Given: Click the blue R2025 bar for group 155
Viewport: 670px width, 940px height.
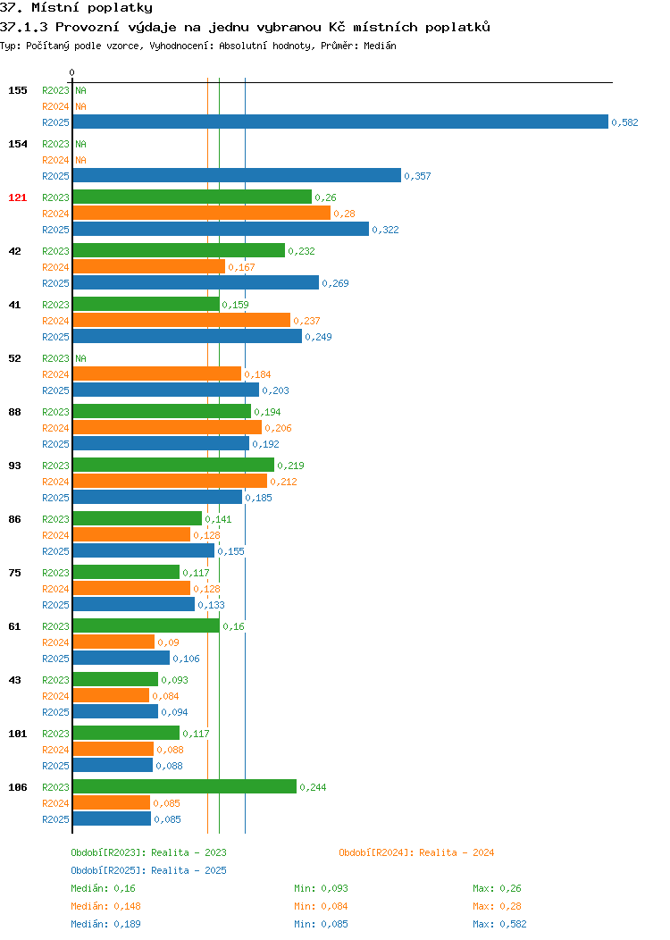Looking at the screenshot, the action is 340,122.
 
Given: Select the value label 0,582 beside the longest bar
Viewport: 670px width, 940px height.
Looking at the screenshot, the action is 624,122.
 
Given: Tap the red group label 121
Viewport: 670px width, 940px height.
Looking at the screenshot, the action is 17,197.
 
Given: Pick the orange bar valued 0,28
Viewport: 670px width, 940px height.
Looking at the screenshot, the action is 202,213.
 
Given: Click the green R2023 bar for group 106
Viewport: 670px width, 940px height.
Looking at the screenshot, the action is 185,786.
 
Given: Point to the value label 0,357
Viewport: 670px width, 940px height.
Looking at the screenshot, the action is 417,176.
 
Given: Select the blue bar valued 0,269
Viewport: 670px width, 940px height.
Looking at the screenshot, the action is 196,282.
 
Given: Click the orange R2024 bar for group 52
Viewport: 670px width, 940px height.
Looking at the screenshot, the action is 157,373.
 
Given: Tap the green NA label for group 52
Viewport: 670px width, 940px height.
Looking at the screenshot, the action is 81,358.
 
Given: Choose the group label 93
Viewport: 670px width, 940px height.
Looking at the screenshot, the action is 14,466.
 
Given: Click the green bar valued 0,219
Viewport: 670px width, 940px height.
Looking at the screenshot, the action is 174,465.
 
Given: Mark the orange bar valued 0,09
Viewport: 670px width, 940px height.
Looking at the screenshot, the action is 113,642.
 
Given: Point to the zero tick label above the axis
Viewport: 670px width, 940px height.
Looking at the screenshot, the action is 72,72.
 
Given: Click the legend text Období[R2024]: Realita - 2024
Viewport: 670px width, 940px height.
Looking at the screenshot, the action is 416,852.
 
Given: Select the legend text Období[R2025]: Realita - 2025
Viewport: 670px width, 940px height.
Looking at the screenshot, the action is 148,870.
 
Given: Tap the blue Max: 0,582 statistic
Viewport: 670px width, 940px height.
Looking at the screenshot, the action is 499,924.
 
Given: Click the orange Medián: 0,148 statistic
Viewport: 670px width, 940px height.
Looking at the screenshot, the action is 106,906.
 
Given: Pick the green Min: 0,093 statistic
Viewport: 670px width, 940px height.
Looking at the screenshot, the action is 322,888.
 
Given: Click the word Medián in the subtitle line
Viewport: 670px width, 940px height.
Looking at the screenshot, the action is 380,46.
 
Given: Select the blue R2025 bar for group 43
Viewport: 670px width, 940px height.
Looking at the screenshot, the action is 115,711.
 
